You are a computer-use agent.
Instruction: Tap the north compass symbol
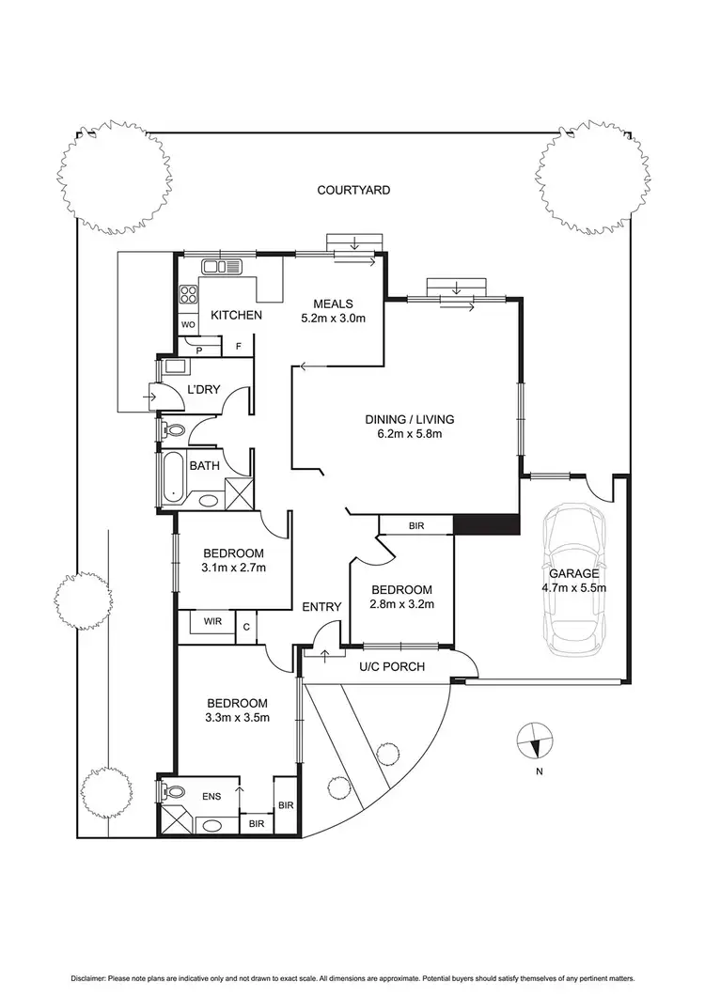click(533, 741)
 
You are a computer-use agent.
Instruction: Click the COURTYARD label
click(352, 190)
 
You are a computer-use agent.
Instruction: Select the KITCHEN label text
click(235, 315)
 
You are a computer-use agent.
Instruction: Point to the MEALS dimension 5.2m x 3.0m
click(333, 319)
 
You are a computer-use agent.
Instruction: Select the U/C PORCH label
click(393, 667)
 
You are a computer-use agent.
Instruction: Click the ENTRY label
click(321, 607)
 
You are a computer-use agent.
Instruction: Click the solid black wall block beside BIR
click(485, 524)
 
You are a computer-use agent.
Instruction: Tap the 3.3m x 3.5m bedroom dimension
click(238, 719)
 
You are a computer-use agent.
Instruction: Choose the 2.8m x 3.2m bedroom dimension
click(402, 604)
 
